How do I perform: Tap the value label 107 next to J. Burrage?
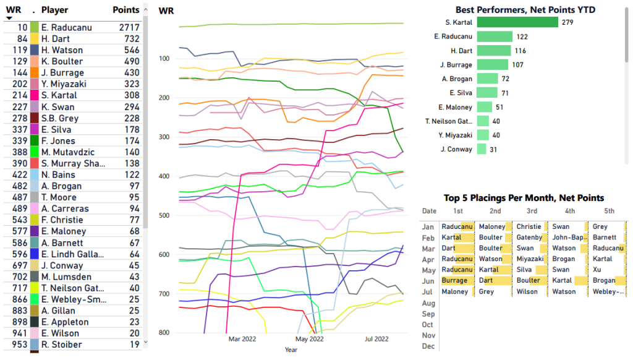518,65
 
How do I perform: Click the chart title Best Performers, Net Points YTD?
525,10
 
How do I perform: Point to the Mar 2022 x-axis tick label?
243,339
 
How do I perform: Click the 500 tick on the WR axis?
165,215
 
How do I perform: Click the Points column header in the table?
126,10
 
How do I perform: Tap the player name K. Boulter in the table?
62,61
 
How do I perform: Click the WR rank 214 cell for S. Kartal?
19,95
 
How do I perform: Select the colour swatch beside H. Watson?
34,50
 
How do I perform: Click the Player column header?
54,10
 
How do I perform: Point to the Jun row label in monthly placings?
427,281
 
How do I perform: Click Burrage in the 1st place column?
454,281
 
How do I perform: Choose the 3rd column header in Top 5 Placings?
531,211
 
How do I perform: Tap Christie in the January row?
529,227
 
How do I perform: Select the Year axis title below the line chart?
291,350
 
